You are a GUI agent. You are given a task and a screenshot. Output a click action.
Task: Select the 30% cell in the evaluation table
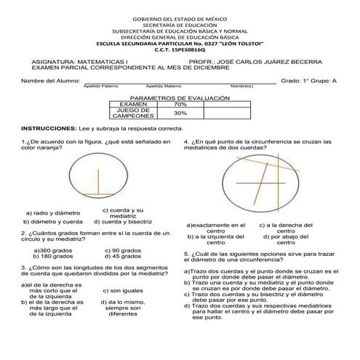coord(180,113)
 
